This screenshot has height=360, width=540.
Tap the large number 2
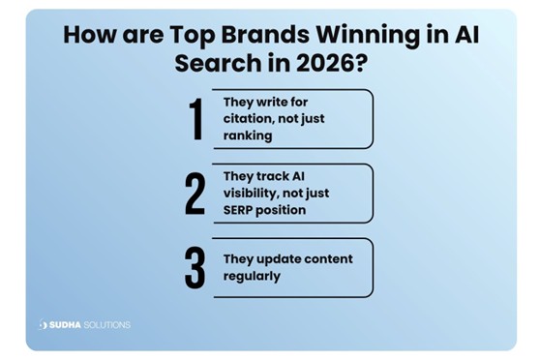click(195, 195)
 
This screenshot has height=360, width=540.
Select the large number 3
click(195, 269)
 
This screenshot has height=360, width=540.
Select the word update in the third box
click(288, 259)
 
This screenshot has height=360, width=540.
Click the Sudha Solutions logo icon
click(44, 324)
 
